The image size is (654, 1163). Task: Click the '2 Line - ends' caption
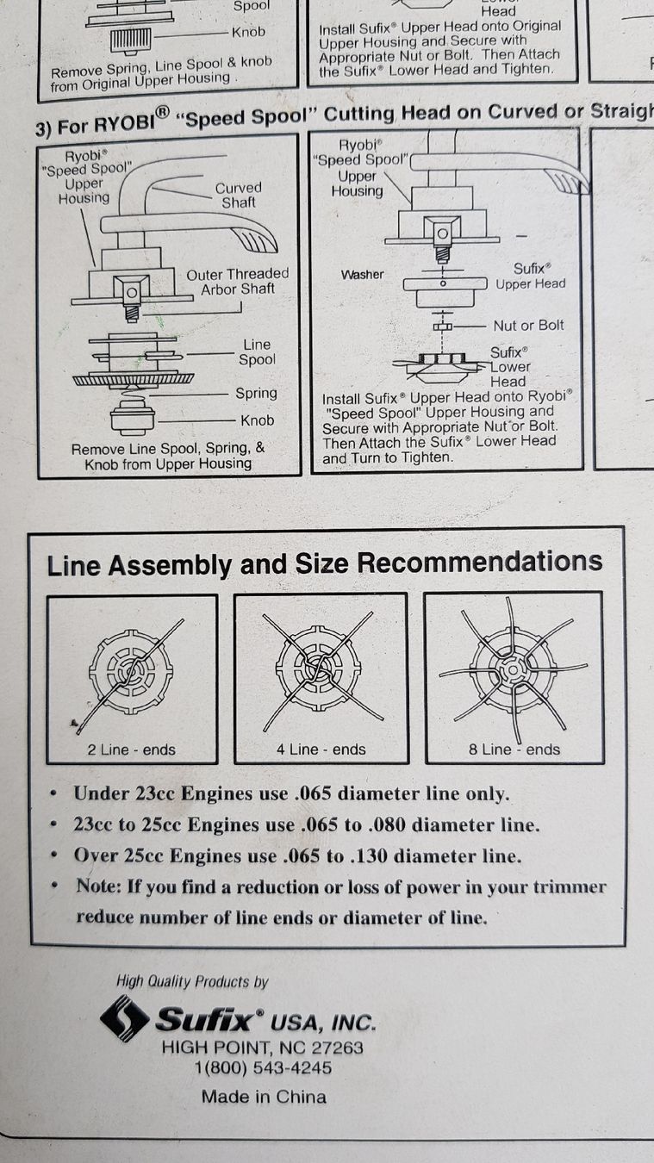(x=132, y=749)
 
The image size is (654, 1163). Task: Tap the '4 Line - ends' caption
(x=321, y=749)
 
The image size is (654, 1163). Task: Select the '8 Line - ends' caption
(x=514, y=749)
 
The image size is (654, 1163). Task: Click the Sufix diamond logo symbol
(x=124, y=1018)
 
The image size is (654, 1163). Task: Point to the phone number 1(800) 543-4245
(x=263, y=1068)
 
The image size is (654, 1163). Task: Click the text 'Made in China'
(x=264, y=1097)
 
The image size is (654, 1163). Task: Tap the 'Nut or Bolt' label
(x=528, y=326)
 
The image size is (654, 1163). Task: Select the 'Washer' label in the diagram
(x=363, y=274)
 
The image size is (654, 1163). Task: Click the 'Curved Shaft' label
(x=239, y=196)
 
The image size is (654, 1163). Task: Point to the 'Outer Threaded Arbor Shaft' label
(x=238, y=282)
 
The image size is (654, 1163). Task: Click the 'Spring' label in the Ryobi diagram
(x=256, y=394)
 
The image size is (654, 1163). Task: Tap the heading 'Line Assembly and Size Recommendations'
(x=325, y=564)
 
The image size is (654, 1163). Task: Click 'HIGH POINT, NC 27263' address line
(x=262, y=1048)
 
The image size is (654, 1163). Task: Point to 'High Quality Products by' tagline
(x=191, y=981)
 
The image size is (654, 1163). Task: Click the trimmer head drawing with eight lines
(x=514, y=670)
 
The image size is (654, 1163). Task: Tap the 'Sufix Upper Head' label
(x=531, y=277)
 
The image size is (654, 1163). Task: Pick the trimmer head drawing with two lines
(x=130, y=674)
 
